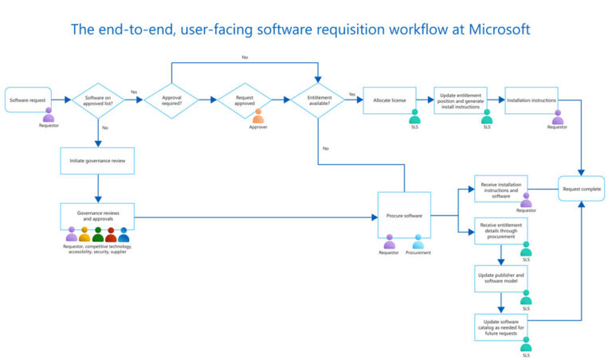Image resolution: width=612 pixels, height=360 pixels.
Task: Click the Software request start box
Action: coord(28,100)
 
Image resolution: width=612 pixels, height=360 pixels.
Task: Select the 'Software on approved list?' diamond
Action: coord(98,100)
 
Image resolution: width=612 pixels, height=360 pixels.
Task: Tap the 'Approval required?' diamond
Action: coord(172,100)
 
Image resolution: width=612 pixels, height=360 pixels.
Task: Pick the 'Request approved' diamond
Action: coord(244,100)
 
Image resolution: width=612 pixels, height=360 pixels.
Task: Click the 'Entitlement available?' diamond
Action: coord(319,100)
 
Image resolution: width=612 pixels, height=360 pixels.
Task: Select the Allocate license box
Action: coord(390,100)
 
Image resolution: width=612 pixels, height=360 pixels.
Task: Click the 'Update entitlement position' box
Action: coord(460,100)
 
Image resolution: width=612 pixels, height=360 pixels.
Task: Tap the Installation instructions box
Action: coord(531,100)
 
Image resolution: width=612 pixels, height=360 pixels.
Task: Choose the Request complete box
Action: coord(582,189)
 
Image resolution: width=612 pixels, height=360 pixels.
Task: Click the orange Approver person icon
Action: coord(258,117)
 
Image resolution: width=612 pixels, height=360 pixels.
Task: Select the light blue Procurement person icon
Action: coord(419,241)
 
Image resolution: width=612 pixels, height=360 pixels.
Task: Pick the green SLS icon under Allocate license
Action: coord(414,117)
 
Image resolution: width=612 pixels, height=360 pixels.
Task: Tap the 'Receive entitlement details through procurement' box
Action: coord(501,231)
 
